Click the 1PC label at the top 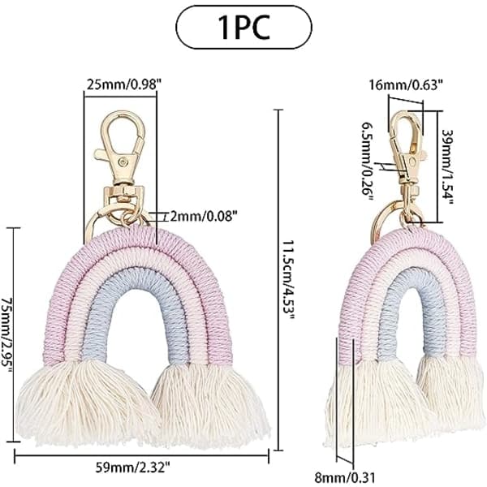[243, 28]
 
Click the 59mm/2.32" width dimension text [132, 467]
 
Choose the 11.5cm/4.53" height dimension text [287, 279]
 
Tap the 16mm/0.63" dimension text [405, 84]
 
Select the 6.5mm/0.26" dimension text [368, 162]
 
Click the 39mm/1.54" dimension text [447, 166]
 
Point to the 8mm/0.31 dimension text [345, 476]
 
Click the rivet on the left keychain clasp [123, 162]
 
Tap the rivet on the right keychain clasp [412, 162]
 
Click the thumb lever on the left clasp [101, 153]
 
